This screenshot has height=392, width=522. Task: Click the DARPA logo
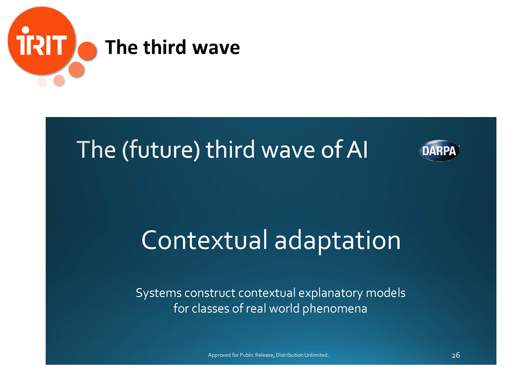click(439, 151)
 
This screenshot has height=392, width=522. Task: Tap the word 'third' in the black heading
click(164, 47)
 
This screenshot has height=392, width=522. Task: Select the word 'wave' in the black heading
click(216, 48)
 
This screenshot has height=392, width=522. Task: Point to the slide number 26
click(456, 356)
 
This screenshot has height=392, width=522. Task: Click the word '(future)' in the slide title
click(161, 150)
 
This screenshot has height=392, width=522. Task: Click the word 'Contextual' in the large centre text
click(204, 240)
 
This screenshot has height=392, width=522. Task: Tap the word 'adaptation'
click(337, 241)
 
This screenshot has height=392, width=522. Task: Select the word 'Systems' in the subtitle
click(158, 293)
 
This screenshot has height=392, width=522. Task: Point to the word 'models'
click(386, 293)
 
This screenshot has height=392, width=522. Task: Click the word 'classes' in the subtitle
click(211, 308)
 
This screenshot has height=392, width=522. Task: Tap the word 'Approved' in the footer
click(219, 356)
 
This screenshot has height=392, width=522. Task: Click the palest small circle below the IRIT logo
click(42, 82)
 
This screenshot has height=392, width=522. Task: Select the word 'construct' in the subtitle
click(210, 293)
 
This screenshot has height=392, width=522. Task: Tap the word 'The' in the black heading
click(121, 47)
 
